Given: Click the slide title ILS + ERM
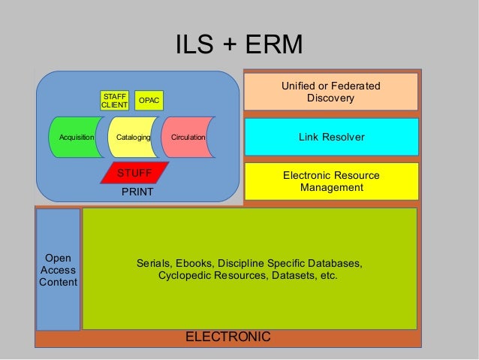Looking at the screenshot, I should (x=239, y=46).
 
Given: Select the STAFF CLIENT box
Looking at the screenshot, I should (x=115, y=101).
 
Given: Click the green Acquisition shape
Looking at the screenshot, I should (x=75, y=138).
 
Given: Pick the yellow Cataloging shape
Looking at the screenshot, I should (x=131, y=138).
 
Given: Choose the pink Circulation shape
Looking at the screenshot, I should (x=186, y=138).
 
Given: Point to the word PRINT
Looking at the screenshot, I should (x=137, y=192).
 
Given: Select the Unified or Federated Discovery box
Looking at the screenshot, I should (x=330, y=92).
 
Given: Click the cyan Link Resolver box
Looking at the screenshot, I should (x=330, y=137).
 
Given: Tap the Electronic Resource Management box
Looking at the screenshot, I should (x=330, y=181).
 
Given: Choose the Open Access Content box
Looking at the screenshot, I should (x=58, y=270).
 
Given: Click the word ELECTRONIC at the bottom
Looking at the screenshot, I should (x=227, y=337).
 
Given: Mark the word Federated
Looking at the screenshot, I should (x=357, y=86).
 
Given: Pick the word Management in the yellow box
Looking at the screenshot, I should (x=331, y=187).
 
